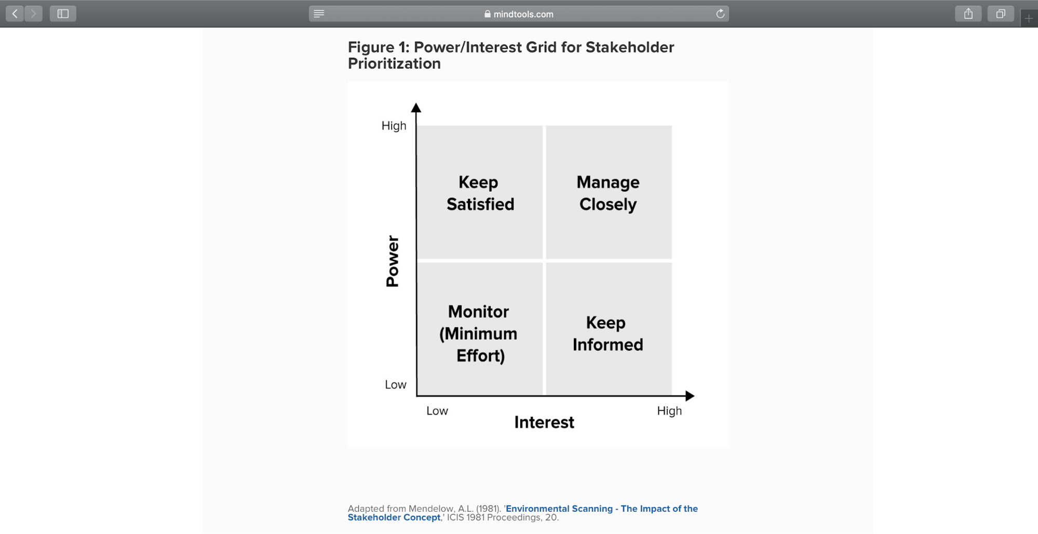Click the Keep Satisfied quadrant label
coord(480,193)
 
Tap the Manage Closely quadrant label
coord(608,193)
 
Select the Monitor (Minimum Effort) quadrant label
coord(478,333)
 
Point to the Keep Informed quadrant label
coord(608,333)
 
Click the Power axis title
coord(393,261)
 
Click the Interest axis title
coord(544,422)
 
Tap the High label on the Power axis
coord(394,126)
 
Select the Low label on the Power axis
coord(395,384)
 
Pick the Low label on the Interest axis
coord(437,411)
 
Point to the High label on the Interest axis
coord(669,411)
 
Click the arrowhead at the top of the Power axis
coord(416,108)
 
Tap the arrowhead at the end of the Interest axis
coord(690,396)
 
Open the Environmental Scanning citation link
coord(522,513)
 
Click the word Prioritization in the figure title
coord(394,63)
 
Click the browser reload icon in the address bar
coord(720,14)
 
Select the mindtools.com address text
coord(523,14)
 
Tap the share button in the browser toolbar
coord(968,14)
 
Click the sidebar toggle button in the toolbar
coord(63,14)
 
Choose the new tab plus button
coord(1029,19)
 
